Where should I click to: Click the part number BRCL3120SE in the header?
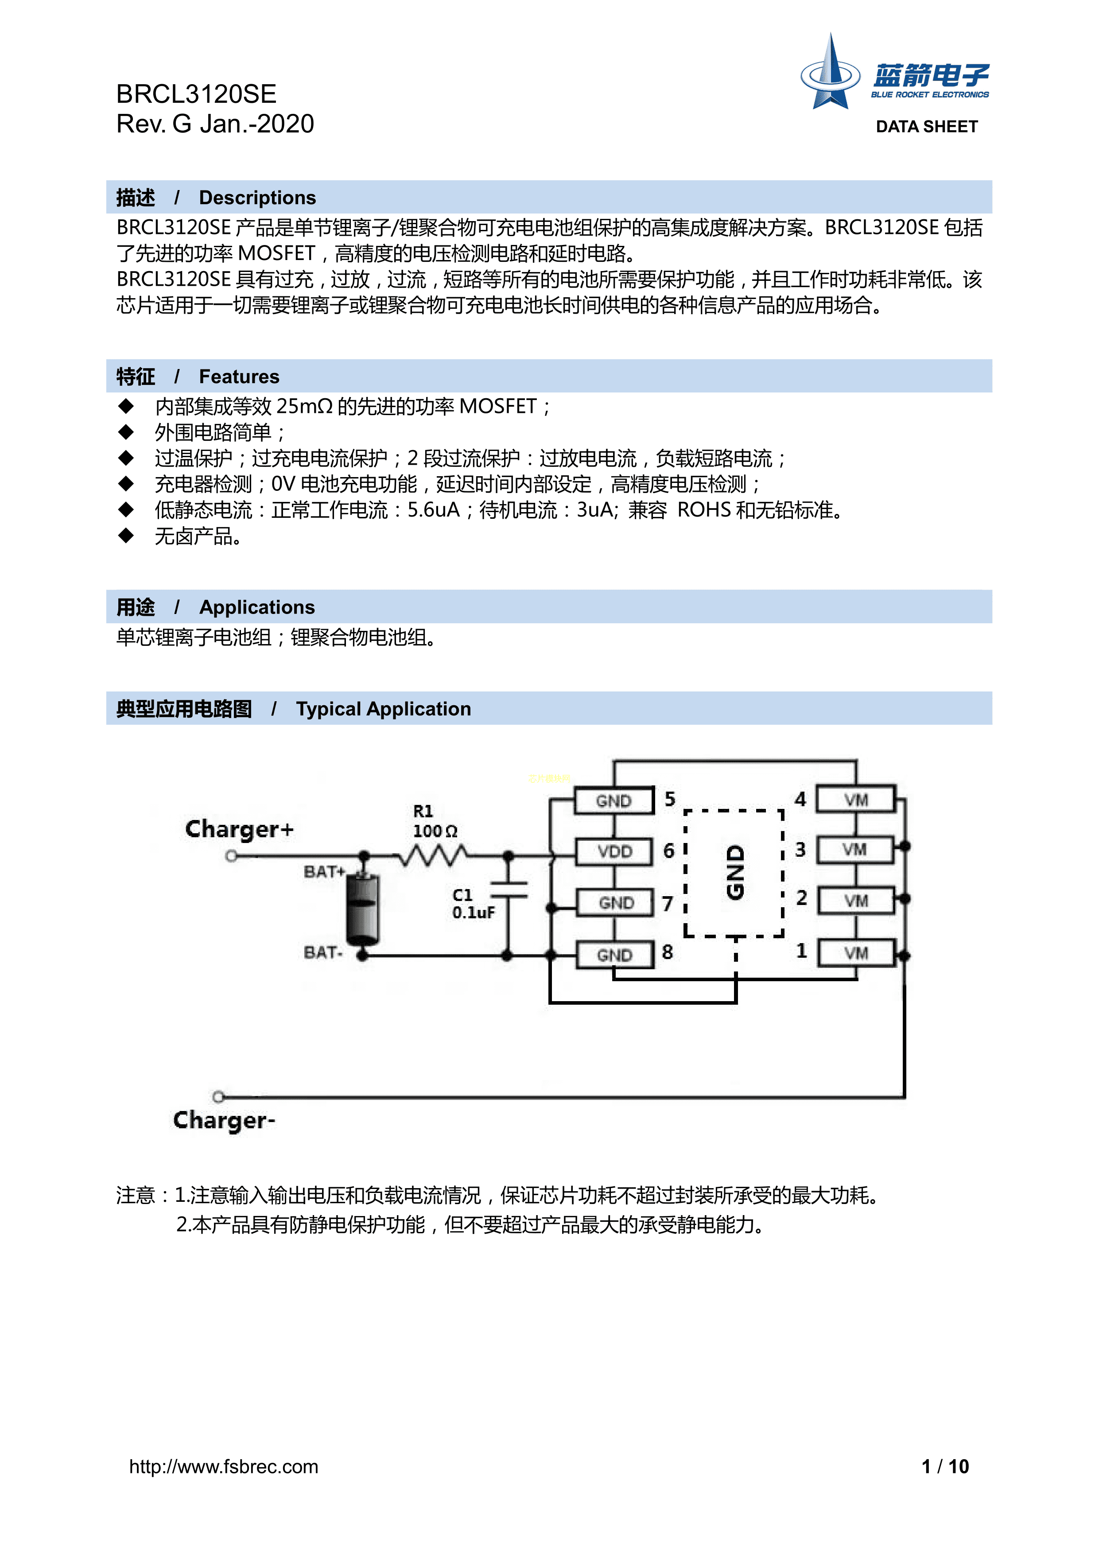[x=196, y=94]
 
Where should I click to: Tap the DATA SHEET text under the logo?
[x=926, y=127]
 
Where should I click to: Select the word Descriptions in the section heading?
[x=257, y=198]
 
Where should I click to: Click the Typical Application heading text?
[x=383, y=709]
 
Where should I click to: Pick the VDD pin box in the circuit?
[x=614, y=851]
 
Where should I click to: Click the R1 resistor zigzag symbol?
[x=433, y=857]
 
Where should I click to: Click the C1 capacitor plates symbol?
[x=508, y=890]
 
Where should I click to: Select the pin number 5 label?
[x=670, y=799]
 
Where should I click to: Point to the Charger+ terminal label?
[x=240, y=829]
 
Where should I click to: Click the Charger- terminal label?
[x=224, y=1120]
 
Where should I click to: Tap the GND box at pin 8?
[x=614, y=955]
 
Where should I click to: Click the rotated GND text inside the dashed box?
[x=735, y=872]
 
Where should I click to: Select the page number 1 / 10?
[x=945, y=1467]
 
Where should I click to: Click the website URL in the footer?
[x=223, y=1467]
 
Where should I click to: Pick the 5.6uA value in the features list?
[x=433, y=509]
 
